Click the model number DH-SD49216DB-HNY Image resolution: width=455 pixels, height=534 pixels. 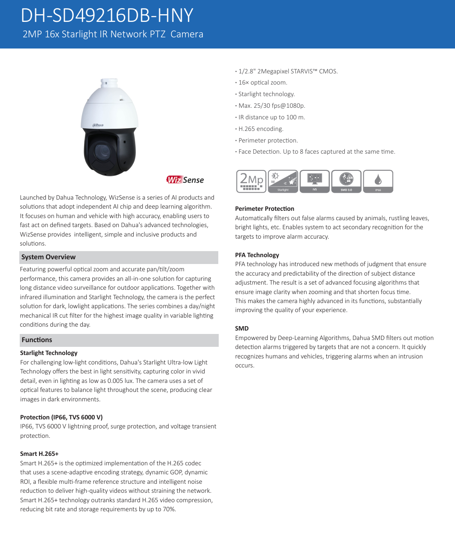click(107, 16)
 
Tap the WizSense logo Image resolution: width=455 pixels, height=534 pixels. click(185, 180)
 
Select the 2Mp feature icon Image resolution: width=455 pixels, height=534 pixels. click(251, 181)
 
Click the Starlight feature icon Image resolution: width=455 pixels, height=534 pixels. click(283, 181)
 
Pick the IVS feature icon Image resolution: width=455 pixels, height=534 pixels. click(315, 181)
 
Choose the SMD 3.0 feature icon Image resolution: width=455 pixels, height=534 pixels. click(346, 181)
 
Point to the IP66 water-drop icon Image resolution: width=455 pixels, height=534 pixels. click(378, 181)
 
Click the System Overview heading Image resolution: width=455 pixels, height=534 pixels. click(48, 257)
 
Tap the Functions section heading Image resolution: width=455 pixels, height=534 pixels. click(37, 340)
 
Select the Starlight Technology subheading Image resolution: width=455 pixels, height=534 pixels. click(49, 353)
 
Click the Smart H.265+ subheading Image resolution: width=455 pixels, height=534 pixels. click(39, 454)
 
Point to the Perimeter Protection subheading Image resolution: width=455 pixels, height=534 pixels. click(265, 209)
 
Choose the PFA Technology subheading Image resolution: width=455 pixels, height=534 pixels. click(257, 255)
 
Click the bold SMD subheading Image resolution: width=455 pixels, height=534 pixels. click(242, 328)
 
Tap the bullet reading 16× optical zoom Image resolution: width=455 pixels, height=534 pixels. click(263, 82)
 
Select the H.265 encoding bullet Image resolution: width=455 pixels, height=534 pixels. click(261, 129)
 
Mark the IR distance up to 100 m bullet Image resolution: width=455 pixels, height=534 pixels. click(271, 117)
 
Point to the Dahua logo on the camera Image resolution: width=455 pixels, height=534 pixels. click(98, 125)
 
